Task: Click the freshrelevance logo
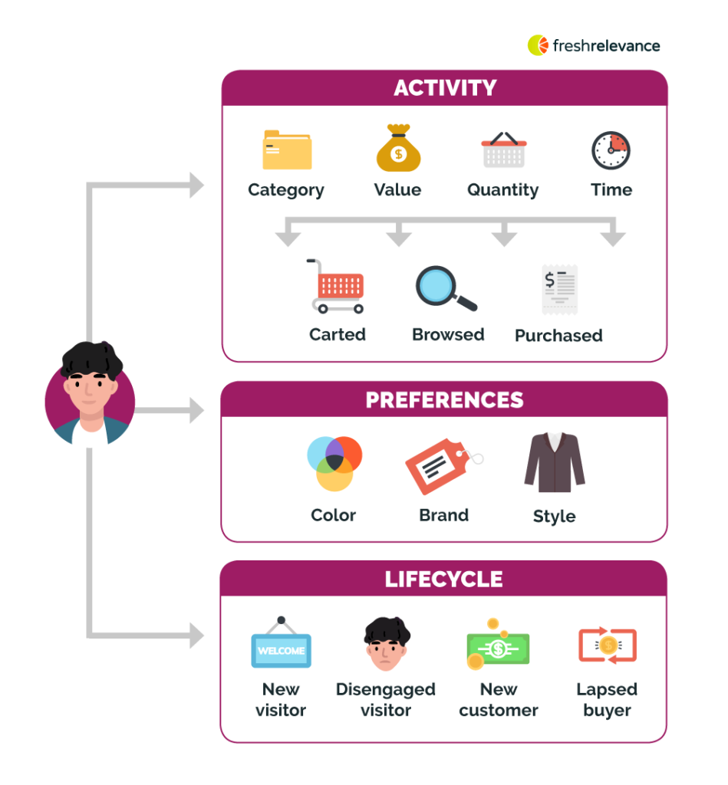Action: tap(593, 45)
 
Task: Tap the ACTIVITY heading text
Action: tap(445, 88)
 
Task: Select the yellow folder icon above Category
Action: tap(287, 149)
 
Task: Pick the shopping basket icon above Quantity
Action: tap(503, 149)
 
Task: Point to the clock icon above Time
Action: tap(611, 150)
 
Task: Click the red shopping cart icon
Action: tap(337, 287)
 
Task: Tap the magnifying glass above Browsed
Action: tap(446, 288)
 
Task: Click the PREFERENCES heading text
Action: tap(445, 400)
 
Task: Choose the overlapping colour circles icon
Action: tap(334, 463)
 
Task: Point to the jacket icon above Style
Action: tap(554, 462)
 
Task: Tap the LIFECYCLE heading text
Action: tap(444, 580)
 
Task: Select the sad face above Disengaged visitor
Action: tap(386, 645)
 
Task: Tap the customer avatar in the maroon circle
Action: tap(91, 395)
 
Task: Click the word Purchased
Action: tap(558, 336)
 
